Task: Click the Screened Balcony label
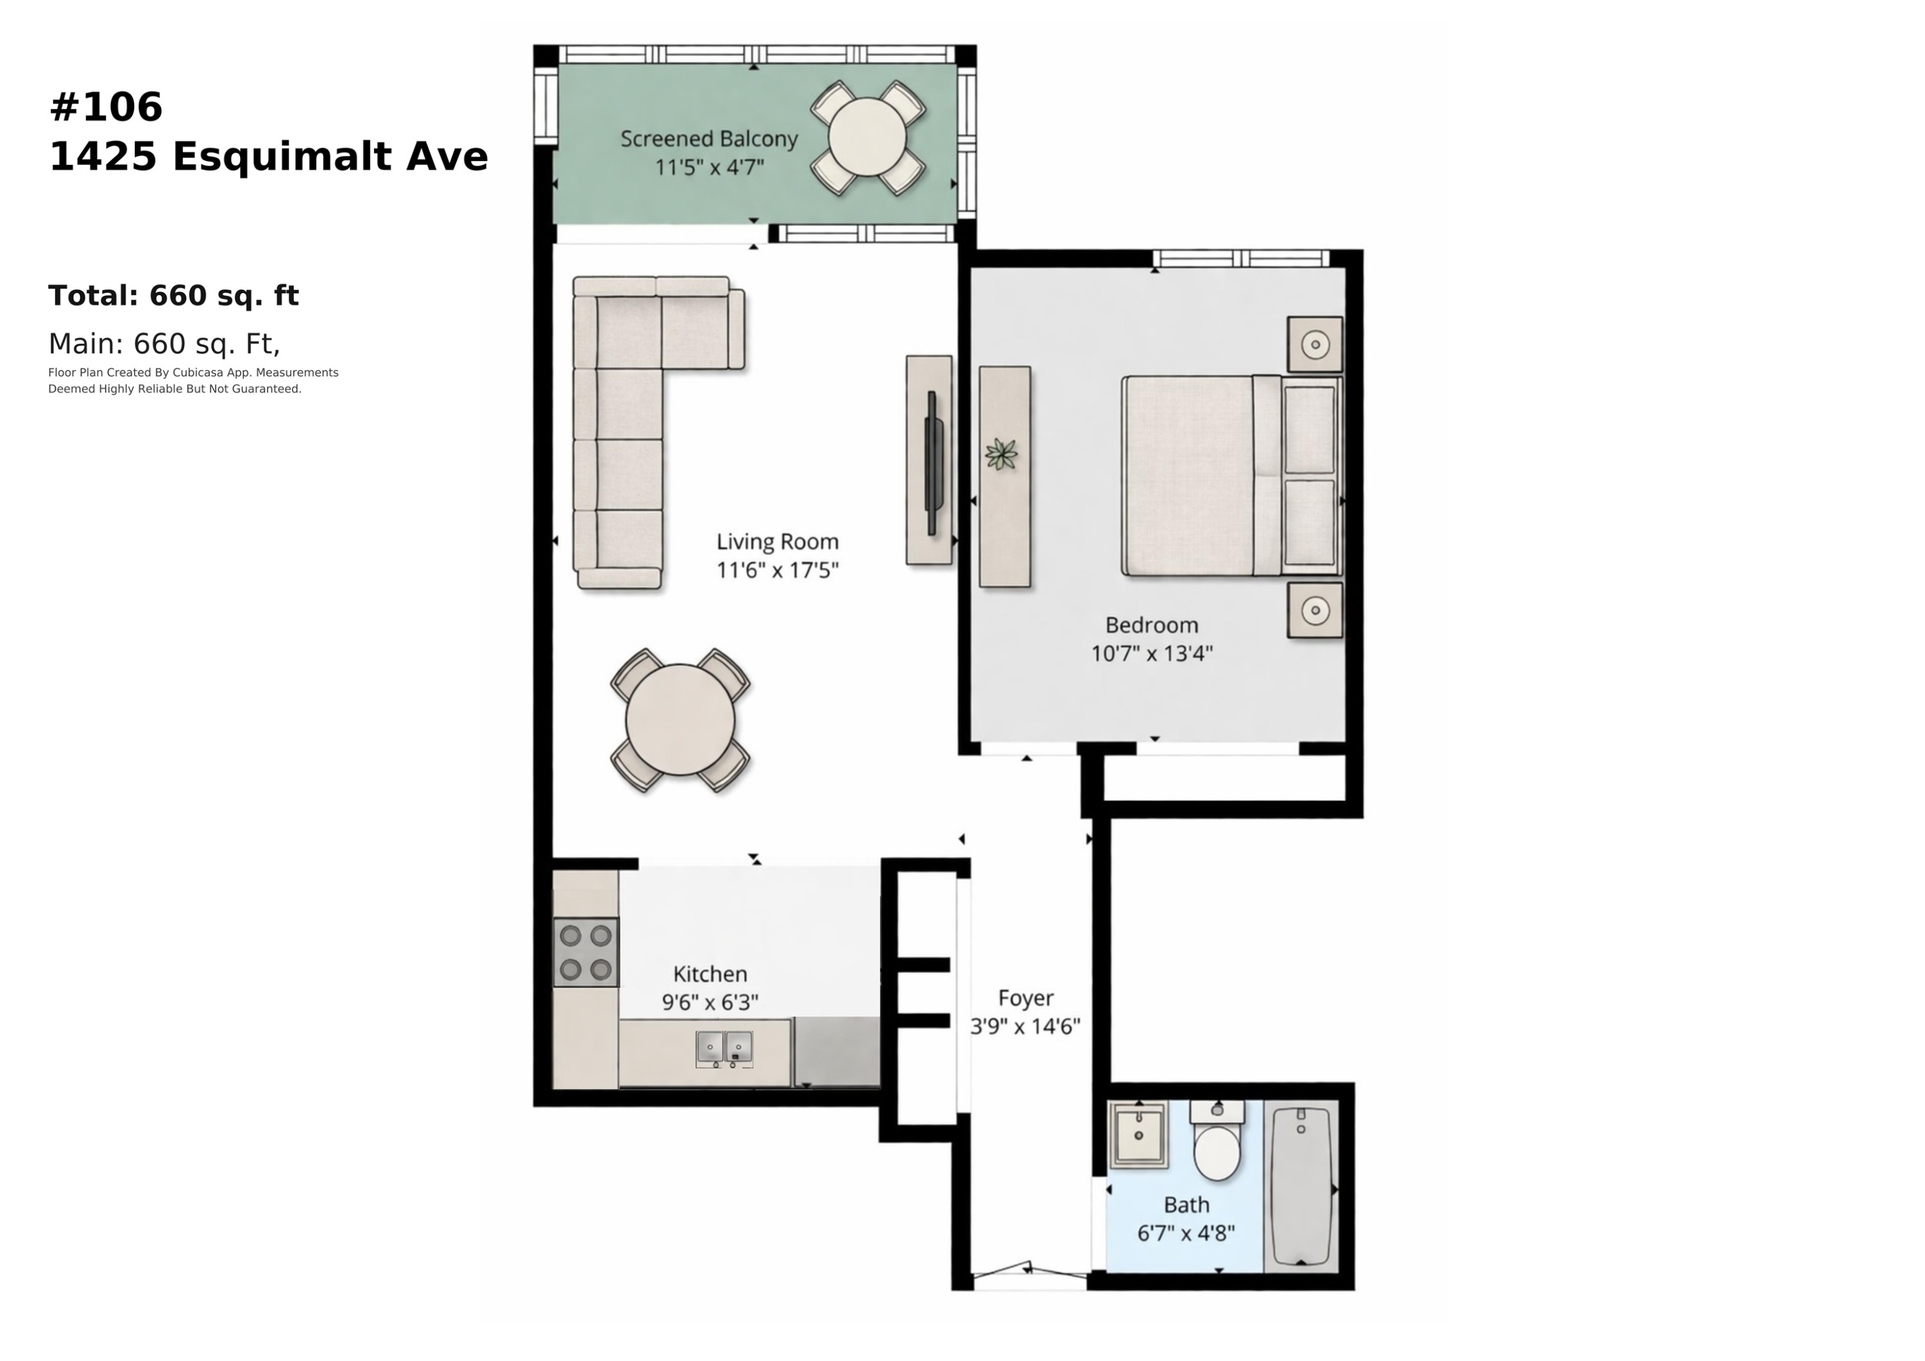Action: tap(708, 139)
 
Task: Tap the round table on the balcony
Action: tap(867, 137)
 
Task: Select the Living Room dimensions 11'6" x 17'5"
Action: tap(777, 570)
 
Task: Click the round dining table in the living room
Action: tap(680, 719)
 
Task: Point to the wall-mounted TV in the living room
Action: tap(933, 463)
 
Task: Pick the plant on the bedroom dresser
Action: tap(1001, 454)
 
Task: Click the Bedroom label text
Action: tap(1151, 625)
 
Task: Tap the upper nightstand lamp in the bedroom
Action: tap(1315, 344)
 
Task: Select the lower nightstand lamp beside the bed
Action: tap(1315, 610)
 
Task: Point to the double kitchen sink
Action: tap(724, 1049)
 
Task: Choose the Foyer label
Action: tap(1025, 998)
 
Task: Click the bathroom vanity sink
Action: tap(1138, 1134)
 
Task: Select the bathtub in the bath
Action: tap(1301, 1186)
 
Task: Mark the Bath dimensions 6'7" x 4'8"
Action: tap(1186, 1233)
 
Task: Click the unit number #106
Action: tap(106, 107)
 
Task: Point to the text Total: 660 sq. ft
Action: tap(173, 295)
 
